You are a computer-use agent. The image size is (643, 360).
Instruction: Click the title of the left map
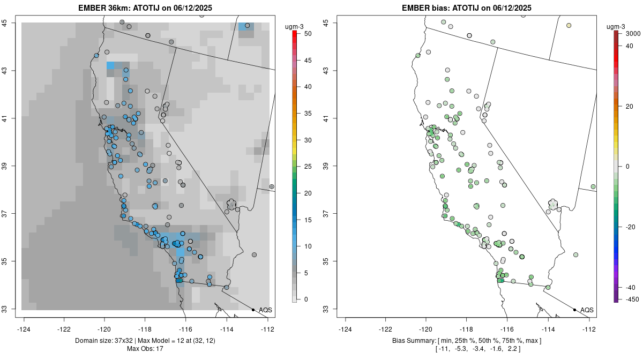coord(148,7)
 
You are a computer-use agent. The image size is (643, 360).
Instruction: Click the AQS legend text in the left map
coord(265,310)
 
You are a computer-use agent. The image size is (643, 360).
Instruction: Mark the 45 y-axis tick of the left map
coord(12,22)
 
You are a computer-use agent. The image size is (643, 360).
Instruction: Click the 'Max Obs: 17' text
coord(145,349)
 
